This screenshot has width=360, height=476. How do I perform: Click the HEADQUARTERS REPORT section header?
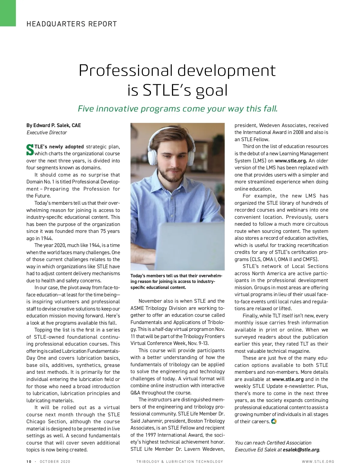72,24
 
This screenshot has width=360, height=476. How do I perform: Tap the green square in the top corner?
8,13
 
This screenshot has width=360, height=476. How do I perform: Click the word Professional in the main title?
126,71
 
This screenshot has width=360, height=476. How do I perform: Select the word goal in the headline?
212,90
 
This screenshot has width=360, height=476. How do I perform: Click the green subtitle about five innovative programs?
178,109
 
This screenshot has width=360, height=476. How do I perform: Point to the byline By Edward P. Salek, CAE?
54,125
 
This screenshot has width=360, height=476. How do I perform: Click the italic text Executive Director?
47,132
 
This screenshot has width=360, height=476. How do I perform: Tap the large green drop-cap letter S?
30,150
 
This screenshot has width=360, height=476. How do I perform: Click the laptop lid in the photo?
192,243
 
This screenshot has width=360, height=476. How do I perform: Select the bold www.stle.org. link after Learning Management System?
291,161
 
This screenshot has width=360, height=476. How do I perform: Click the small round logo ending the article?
274,421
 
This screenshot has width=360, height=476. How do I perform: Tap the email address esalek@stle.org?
301,450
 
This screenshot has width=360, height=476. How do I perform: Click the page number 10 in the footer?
29,462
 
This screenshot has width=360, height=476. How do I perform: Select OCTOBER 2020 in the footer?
55,462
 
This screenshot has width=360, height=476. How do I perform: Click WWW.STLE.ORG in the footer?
318,462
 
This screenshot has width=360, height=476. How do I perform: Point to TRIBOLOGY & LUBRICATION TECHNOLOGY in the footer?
180,462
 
